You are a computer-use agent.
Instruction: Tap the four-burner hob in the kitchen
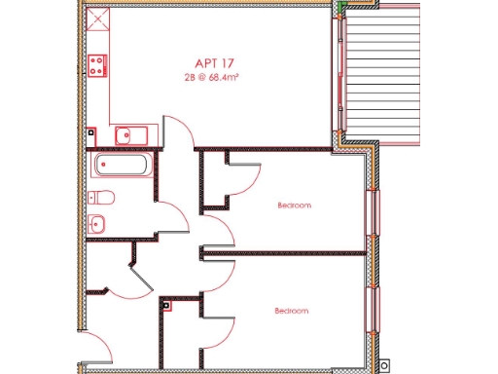[x=97, y=65]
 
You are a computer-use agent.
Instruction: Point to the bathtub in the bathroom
[x=123, y=164]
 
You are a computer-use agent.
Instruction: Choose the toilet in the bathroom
[x=101, y=199]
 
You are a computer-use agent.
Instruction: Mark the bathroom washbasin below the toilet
[x=97, y=223]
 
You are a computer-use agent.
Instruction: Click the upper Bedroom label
[x=294, y=206]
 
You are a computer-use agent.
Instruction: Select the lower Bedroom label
[x=291, y=311]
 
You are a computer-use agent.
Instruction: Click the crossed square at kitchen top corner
[x=97, y=19]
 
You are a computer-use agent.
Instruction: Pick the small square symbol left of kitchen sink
[x=90, y=131]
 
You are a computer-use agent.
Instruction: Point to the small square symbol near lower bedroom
[x=166, y=305]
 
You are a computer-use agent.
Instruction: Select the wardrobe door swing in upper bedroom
[x=243, y=175]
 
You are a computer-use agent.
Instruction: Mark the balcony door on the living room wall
[x=341, y=78]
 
